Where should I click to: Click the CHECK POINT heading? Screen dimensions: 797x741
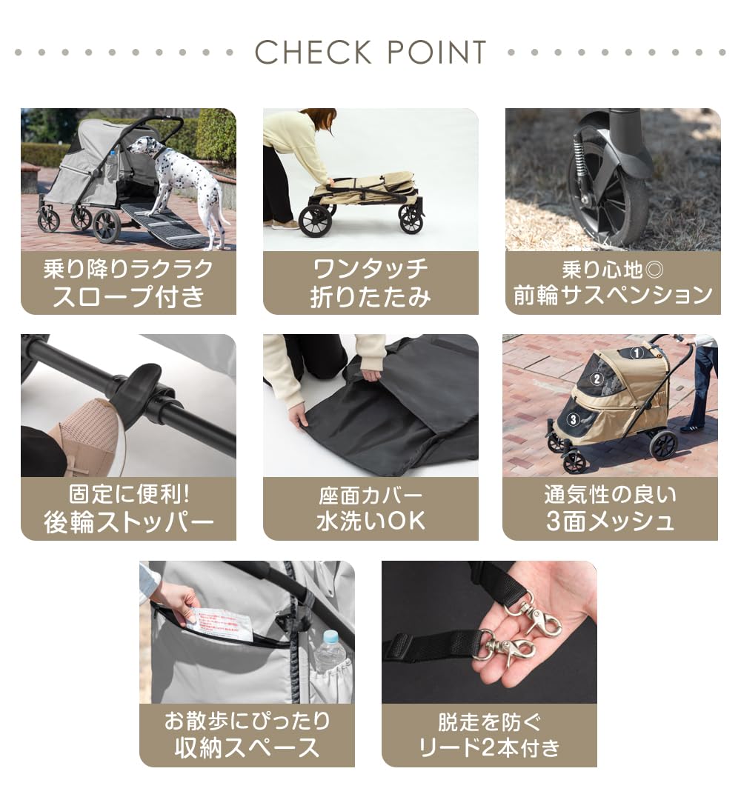[370, 53]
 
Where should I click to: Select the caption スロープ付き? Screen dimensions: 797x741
[128, 296]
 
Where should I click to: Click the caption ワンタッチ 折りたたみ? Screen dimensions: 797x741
[370, 283]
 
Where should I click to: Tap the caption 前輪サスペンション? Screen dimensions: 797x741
[613, 296]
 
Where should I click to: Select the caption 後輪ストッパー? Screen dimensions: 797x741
[128, 523]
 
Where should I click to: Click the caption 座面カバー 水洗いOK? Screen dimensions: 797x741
[370, 508]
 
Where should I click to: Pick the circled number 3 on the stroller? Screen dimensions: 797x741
[573, 418]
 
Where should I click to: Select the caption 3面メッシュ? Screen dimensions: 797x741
[610, 521]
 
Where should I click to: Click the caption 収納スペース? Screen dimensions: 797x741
[247, 747]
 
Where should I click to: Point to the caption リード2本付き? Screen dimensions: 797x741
[489, 747]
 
